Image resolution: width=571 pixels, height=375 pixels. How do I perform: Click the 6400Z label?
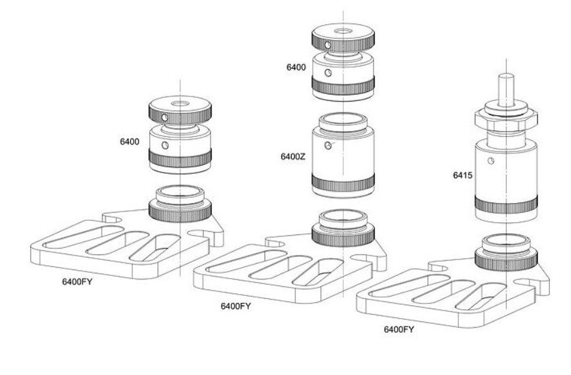292,156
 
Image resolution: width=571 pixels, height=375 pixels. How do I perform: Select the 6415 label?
460,172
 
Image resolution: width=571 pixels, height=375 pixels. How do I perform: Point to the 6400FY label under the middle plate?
235,306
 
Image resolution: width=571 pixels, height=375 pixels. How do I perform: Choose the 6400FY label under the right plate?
398,330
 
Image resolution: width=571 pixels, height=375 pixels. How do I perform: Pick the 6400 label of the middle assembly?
295,66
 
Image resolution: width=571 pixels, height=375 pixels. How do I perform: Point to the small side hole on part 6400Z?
329,146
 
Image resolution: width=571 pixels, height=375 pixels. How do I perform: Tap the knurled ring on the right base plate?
505,257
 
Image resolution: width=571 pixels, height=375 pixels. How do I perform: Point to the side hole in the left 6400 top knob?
165,118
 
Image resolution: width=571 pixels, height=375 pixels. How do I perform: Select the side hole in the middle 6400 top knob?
327,45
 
